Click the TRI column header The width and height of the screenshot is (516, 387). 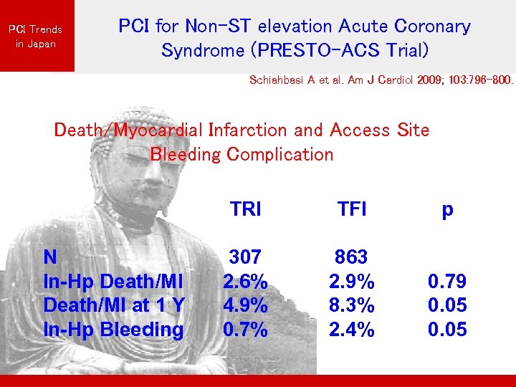245,209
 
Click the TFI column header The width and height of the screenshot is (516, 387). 351,209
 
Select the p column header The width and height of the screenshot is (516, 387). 447,209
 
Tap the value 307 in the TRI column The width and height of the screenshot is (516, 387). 245,257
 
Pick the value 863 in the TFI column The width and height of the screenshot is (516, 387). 351,257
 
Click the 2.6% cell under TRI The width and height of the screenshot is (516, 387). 245,281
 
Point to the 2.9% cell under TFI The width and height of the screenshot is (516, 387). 351,281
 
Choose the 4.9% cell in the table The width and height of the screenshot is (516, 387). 245,305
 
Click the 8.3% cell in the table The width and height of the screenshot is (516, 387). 351,305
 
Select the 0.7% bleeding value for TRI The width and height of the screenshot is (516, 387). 245,330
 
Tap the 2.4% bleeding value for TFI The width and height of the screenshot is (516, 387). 351,330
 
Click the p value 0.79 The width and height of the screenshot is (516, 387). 447,281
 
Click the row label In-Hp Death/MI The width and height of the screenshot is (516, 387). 113,281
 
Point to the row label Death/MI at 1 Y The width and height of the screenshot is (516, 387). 114,305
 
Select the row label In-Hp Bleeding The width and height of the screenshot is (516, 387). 113,330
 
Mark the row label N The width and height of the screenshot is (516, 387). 50,257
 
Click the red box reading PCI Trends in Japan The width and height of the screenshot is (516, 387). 36,36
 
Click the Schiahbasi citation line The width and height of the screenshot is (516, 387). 381,81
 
